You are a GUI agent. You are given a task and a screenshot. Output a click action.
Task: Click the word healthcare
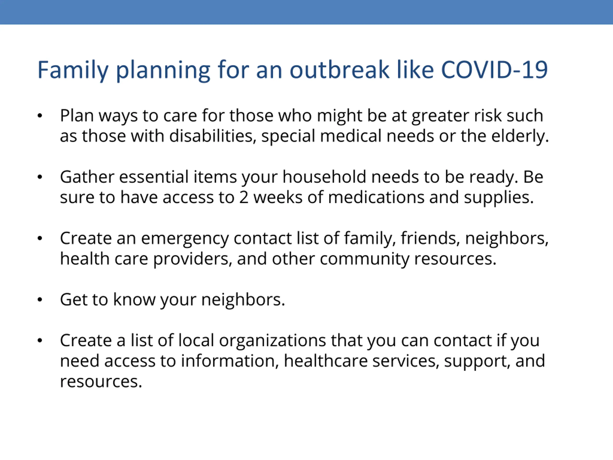point(325,361)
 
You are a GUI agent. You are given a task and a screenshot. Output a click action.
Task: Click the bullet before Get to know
point(40,300)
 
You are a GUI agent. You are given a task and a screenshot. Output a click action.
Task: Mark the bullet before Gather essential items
point(40,177)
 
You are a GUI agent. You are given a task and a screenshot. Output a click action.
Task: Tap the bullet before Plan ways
point(40,116)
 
